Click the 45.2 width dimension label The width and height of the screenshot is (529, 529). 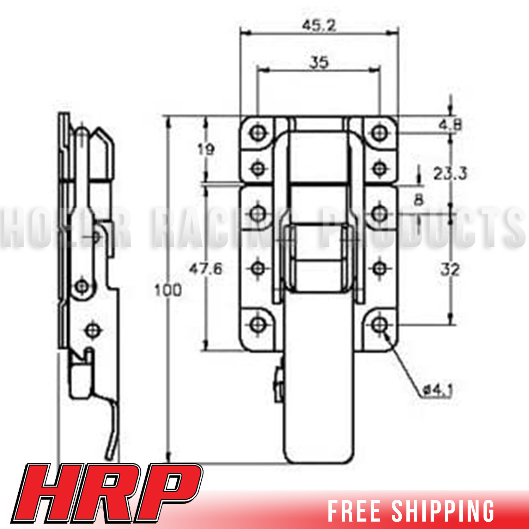pyautogui.click(x=319, y=25)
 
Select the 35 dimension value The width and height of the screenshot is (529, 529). pyautogui.click(x=319, y=62)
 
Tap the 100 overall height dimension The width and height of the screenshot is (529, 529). pyautogui.click(x=168, y=290)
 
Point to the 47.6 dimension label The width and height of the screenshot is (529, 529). pyautogui.click(x=206, y=269)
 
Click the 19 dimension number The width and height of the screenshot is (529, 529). pyautogui.click(x=206, y=150)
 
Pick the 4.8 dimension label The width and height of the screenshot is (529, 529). pyautogui.click(x=450, y=125)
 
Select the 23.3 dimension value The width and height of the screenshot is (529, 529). pyautogui.click(x=450, y=174)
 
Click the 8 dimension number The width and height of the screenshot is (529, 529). pyautogui.click(x=418, y=200)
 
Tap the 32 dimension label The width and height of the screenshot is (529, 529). pyautogui.click(x=450, y=270)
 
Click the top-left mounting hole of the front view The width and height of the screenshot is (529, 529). pyautogui.click(x=258, y=133)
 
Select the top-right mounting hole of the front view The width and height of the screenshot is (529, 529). pyautogui.click(x=379, y=133)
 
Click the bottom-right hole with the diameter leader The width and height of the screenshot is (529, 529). pyautogui.click(x=379, y=324)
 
